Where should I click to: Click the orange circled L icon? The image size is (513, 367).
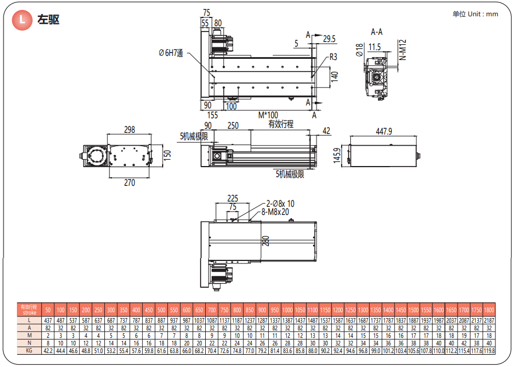tap(23, 20)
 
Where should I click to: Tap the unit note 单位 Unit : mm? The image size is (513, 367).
tap(475, 14)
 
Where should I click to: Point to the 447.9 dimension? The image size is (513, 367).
tap(384, 132)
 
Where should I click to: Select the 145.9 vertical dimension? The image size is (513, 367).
tap(337, 155)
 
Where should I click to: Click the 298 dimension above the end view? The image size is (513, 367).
tap(129, 129)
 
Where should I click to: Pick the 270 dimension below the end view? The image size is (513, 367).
tap(129, 183)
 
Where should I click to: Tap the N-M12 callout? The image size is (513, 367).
tap(403, 53)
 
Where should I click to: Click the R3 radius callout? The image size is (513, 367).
tap(333, 57)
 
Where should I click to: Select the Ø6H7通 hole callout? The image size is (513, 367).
tap(171, 53)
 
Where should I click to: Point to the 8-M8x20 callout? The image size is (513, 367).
tap(276, 212)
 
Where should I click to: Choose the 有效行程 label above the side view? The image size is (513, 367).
tap(280, 124)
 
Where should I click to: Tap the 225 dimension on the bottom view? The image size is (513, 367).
tap(233, 197)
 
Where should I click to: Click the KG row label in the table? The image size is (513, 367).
tap(29, 351)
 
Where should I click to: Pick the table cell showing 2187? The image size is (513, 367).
tap(489, 320)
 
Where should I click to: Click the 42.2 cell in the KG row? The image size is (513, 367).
tap(48, 351)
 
